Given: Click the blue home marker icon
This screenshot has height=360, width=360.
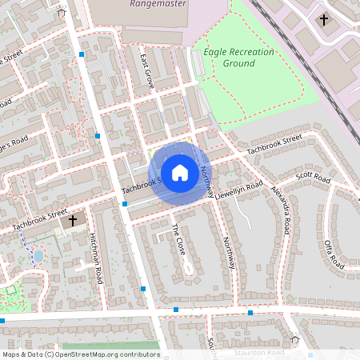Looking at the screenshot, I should pyautogui.click(x=180, y=173).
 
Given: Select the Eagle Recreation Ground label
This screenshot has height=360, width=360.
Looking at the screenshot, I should pyautogui.click(x=238, y=58).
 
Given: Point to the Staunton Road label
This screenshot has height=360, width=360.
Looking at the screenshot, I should pyautogui.click(x=259, y=352).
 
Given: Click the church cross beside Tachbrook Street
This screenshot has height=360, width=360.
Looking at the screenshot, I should pyautogui.click(x=73, y=219).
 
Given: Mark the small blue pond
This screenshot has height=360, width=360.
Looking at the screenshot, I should pyautogui.click(x=38, y=256).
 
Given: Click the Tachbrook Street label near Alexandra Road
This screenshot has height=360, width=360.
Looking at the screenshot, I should pyautogui.click(x=274, y=144).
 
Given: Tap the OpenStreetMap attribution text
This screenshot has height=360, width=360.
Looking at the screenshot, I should pyautogui.click(x=80, y=354).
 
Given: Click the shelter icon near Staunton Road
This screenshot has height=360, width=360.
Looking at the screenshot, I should pyautogui.click(x=294, y=339).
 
